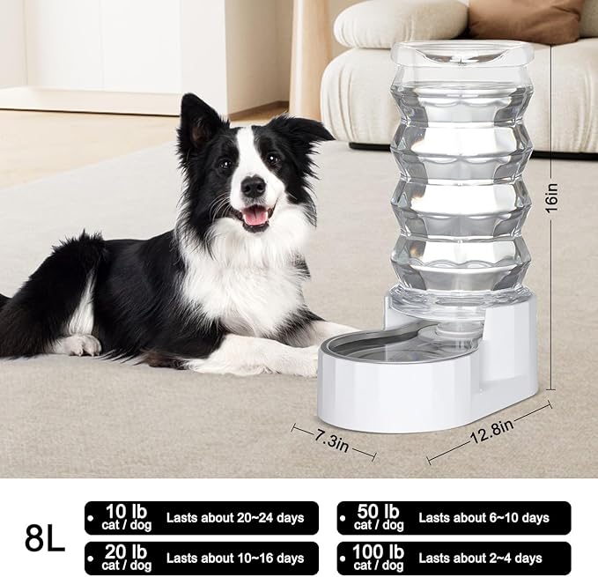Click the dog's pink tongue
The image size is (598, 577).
click(255, 217)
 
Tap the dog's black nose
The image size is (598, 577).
click(254, 185)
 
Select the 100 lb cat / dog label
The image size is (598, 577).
click(378, 558)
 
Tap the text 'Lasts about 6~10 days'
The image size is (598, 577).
click(483, 518)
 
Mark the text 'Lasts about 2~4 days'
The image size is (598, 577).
click(480, 558)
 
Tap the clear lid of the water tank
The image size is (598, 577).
click(461, 53)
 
